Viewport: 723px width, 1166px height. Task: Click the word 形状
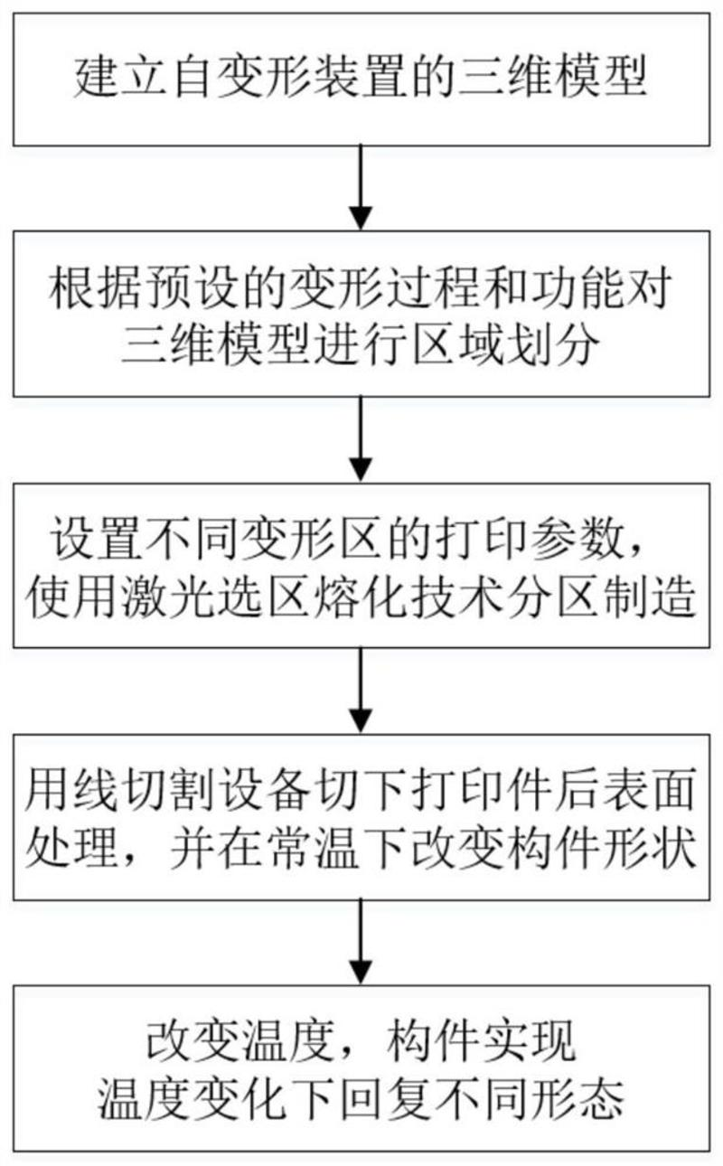tap(642, 843)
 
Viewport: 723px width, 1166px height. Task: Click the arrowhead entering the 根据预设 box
tap(361, 218)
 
